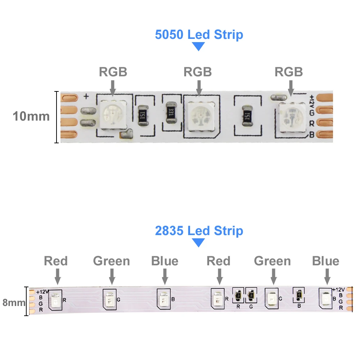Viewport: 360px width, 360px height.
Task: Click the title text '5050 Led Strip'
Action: (x=199, y=35)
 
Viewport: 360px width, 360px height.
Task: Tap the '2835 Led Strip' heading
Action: (x=199, y=231)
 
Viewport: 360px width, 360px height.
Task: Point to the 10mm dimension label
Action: (x=31, y=116)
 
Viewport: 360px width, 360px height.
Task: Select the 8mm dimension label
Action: (x=14, y=302)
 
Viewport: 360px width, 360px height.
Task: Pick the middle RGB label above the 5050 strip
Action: (x=198, y=72)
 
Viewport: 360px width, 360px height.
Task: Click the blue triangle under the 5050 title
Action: (x=198, y=46)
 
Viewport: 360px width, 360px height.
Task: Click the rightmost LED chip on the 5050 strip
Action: (x=291, y=115)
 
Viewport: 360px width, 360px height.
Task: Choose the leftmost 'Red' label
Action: (x=56, y=261)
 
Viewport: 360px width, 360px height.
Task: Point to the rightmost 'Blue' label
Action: (x=326, y=261)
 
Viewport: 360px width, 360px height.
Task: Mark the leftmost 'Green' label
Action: (x=112, y=261)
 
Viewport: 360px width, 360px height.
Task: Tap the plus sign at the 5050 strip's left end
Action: (x=86, y=96)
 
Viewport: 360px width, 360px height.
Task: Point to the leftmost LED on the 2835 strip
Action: (x=56, y=300)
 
